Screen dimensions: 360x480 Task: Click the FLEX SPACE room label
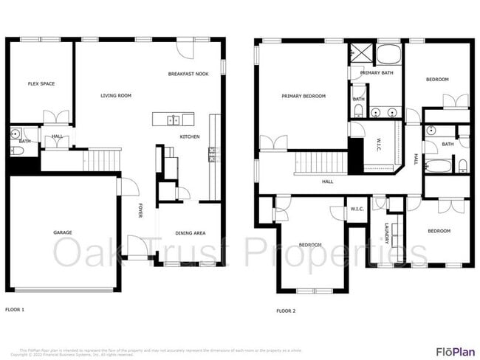pyautogui.click(x=41, y=83)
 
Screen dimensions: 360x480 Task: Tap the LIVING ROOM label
pyautogui.click(x=116, y=95)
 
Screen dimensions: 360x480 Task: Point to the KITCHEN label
pyautogui.click(x=190, y=136)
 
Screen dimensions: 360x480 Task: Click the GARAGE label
pyautogui.click(x=62, y=232)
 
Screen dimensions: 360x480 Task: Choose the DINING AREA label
pyautogui.click(x=190, y=233)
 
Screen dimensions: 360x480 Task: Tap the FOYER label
pyautogui.click(x=140, y=210)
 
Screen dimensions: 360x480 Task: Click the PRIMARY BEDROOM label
pyautogui.click(x=303, y=96)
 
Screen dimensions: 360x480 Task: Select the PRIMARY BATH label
pyautogui.click(x=376, y=73)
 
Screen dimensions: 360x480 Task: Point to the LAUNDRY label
pyautogui.click(x=387, y=233)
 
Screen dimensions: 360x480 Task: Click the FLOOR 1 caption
pyautogui.click(x=15, y=309)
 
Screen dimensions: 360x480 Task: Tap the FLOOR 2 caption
pyautogui.click(x=286, y=311)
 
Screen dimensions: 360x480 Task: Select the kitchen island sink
pyautogui.click(x=173, y=120)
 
